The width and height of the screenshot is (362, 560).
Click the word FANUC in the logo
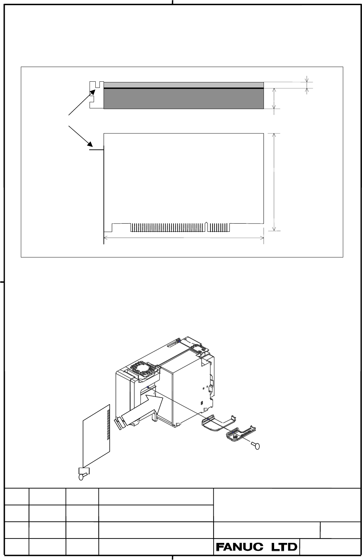click(240, 547)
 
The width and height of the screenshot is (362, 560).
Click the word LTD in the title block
click(284, 547)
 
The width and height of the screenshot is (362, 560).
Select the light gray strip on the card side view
click(184, 85)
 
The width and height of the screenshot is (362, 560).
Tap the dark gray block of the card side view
click(184, 99)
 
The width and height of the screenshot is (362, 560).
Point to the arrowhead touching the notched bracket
click(93, 92)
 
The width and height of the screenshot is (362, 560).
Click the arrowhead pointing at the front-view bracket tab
click(90, 144)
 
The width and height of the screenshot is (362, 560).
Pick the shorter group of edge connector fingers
click(218, 227)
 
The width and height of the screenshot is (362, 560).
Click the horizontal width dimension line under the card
click(184, 238)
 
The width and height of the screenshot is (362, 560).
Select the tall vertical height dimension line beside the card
click(274, 182)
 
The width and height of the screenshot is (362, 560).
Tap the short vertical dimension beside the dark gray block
click(274, 98)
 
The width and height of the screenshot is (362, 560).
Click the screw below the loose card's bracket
click(82, 476)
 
